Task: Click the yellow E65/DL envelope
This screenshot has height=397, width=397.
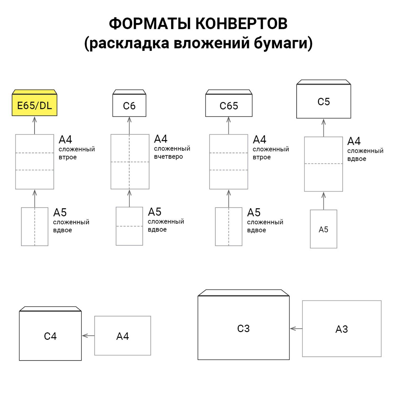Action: click(x=34, y=105)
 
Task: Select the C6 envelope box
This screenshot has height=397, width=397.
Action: click(x=129, y=106)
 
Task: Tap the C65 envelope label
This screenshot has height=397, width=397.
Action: click(x=229, y=106)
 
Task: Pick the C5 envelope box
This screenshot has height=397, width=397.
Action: click(x=323, y=101)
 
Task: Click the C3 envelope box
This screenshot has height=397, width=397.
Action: click(x=243, y=328)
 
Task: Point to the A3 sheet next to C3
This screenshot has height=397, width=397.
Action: click(x=342, y=329)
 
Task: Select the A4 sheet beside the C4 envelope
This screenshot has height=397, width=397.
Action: click(x=123, y=336)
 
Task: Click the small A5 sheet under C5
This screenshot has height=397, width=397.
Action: click(x=323, y=229)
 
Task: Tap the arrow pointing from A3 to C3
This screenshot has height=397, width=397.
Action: click(x=296, y=329)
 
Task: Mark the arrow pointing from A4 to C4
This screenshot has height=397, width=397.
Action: click(x=88, y=336)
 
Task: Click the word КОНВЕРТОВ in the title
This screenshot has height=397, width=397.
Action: click(x=241, y=24)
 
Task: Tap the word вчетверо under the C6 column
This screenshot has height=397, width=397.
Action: click(x=168, y=157)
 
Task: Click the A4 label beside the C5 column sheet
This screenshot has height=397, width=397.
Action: click(x=354, y=141)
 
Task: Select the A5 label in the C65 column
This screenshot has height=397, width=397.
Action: click(x=254, y=212)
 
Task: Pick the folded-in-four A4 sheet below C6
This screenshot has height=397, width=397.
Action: click(x=130, y=162)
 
